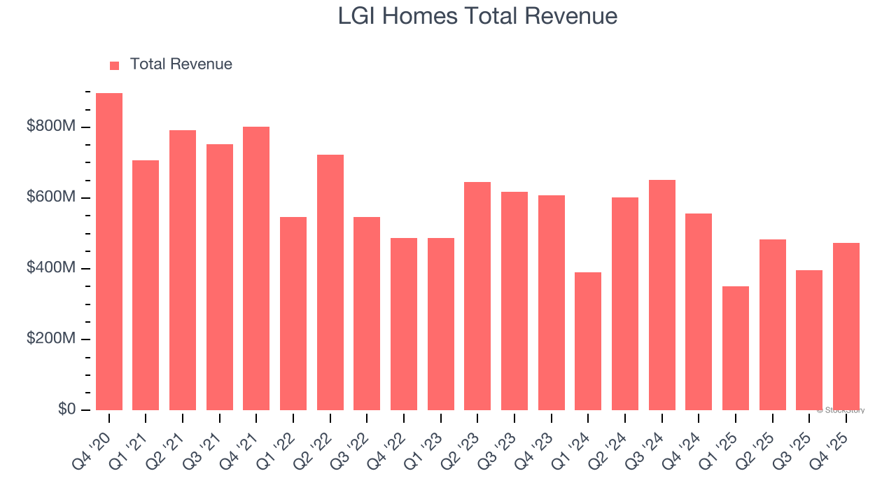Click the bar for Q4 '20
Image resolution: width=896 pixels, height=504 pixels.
[x=109, y=251]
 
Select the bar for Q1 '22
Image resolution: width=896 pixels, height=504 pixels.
[x=293, y=313]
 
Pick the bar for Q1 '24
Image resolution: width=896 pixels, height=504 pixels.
[x=588, y=341]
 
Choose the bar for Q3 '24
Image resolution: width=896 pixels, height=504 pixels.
[x=662, y=295]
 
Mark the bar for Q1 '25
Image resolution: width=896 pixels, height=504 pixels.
[x=736, y=348]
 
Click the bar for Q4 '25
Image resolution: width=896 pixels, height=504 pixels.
[x=846, y=326]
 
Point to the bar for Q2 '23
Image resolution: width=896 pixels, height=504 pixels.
[x=477, y=296]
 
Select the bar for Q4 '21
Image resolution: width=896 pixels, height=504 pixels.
[x=256, y=268]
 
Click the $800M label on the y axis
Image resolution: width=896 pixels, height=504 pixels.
[x=50, y=127]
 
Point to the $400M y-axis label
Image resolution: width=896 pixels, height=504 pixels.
[x=50, y=268]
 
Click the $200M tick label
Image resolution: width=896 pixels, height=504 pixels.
[x=50, y=339]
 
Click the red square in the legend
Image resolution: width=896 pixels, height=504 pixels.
[x=115, y=65]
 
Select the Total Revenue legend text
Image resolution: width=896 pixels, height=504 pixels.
[x=181, y=64]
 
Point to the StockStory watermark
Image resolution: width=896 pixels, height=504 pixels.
[x=841, y=410]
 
